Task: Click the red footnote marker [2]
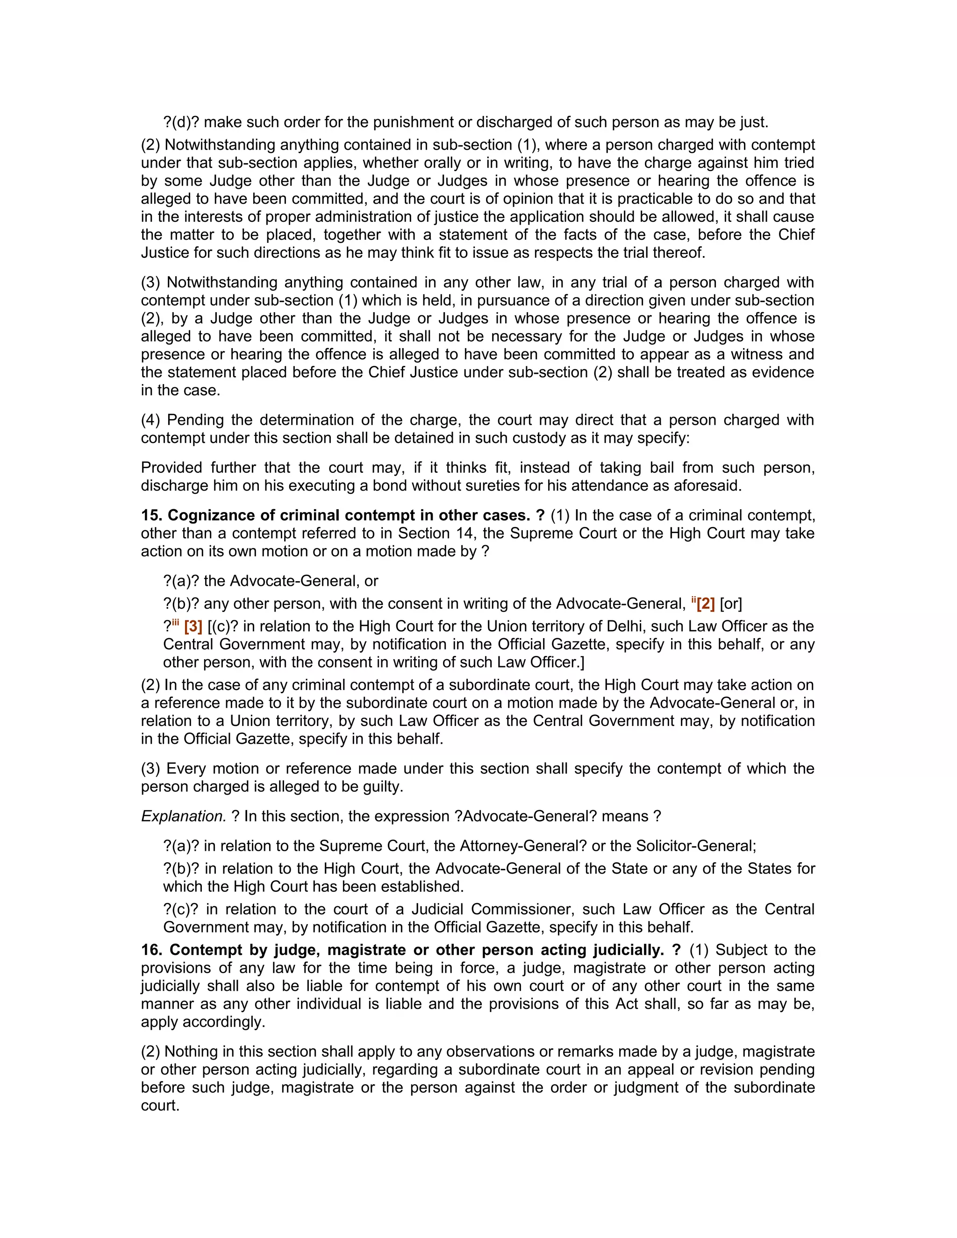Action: [x=705, y=604]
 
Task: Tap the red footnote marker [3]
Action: [x=193, y=627]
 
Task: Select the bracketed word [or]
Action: [x=731, y=604]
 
